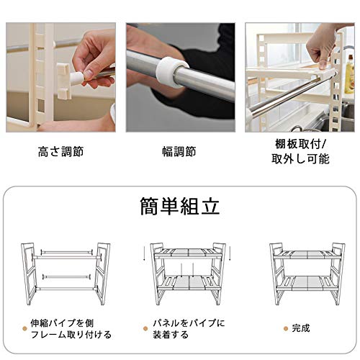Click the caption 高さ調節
(x=60, y=152)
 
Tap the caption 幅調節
(x=179, y=152)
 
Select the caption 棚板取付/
(x=300, y=144)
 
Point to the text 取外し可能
(x=300, y=158)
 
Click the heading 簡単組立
(x=180, y=206)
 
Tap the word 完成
(x=301, y=328)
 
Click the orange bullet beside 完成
(x=286, y=328)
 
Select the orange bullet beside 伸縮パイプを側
(x=24, y=328)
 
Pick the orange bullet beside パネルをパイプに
(x=145, y=328)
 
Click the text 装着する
(x=171, y=335)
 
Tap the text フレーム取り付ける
(x=71, y=335)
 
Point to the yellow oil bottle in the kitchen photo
(x=349, y=75)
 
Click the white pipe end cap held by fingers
(x=77, y=77)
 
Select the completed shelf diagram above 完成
(x=307, y=274)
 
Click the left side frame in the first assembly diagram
(x=29, y=274)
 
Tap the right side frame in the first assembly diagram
(x=103, y=274)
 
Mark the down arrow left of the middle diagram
(x=143, y=253)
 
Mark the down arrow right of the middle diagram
(x=230, y=253)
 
